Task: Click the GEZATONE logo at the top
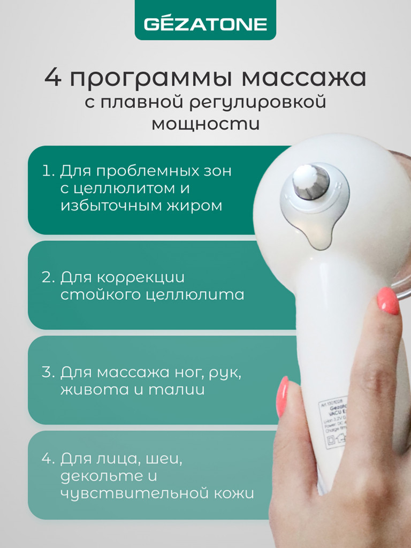[205, 24]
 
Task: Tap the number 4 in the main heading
[52, 78]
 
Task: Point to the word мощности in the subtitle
[205, 123]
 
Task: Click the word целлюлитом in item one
[138, 188]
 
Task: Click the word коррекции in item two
[145, 277]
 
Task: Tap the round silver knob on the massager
[310, 182]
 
